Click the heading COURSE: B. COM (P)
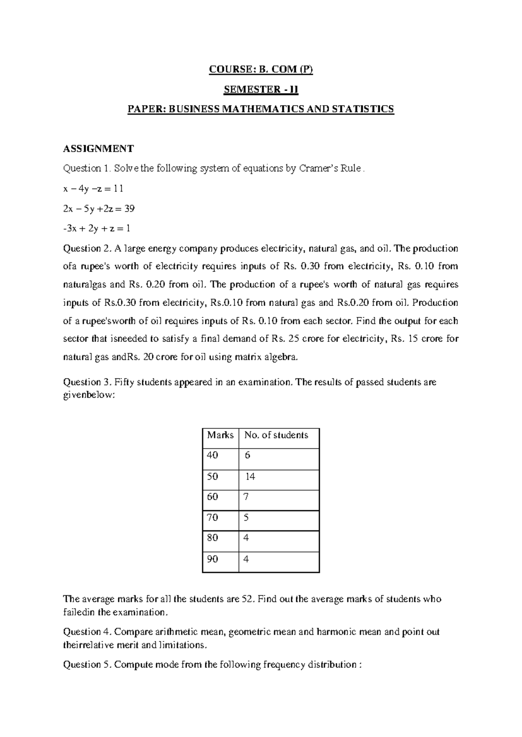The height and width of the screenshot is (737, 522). (x=261, y=70)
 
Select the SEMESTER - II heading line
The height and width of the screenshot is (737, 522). (x=261, y=90)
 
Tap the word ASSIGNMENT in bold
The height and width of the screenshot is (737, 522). (x=98, y=149)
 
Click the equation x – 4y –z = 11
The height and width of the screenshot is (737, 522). (x=93, y=189)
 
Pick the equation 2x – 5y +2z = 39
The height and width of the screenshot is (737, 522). (x=99, y=209)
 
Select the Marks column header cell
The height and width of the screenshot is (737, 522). (x=220, y=435)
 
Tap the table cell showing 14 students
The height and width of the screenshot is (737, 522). (x=250, y=477)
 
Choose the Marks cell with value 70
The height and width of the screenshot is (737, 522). (x=213, y=518)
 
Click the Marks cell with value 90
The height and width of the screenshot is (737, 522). (x=213, y=559)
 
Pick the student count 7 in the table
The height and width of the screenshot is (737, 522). (x=246, y=497)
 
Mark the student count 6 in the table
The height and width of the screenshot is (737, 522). (x=248, y=455)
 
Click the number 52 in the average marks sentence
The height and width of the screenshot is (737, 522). (x=247, y=599)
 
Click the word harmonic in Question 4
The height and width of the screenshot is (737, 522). (x=335, y=632)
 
